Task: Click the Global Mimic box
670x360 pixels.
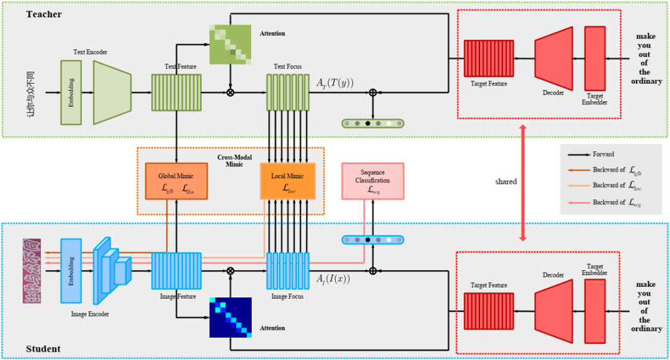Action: (177, 181)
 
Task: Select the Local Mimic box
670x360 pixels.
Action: (288, 181)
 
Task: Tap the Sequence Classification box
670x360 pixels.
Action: (372, 181)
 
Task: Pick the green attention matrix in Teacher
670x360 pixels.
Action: (230, 45)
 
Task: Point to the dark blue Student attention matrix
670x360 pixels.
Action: (230, 317)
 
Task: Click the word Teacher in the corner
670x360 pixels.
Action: (43, 14)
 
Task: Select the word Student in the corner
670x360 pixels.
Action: (43, 349)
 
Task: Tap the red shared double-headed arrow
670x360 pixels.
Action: (523, 182)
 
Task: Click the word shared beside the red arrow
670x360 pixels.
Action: (506, 182)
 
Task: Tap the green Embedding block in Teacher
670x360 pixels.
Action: (71, 92)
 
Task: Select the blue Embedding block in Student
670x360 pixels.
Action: (71, 270)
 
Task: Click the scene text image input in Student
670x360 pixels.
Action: (32, 271)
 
